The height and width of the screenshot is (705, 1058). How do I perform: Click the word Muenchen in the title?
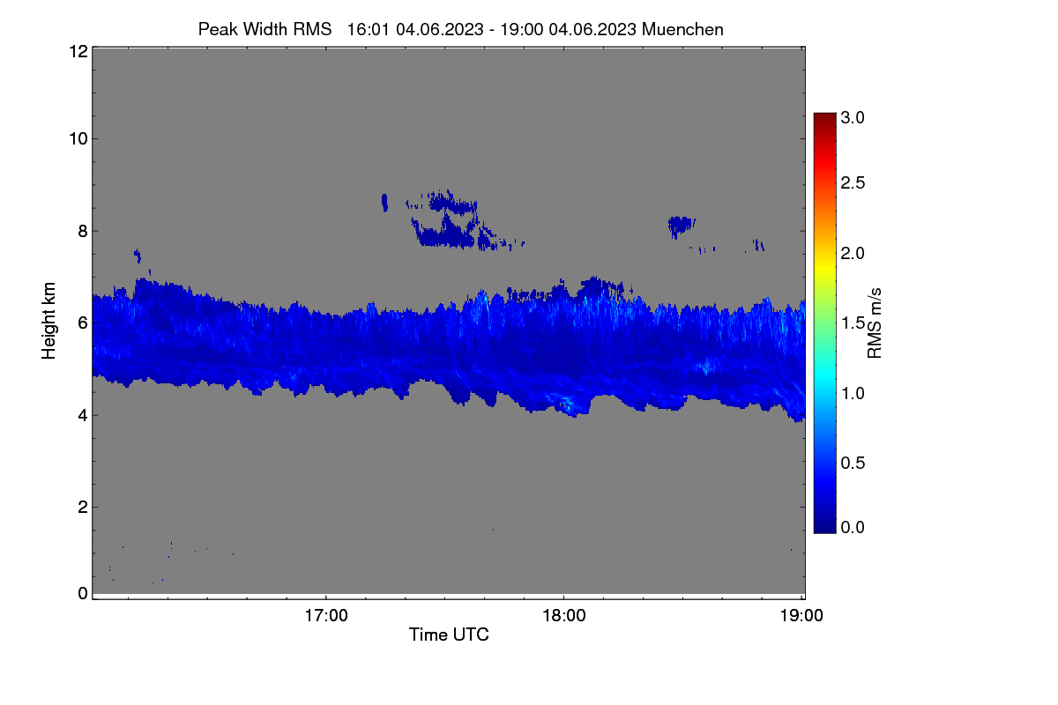[682, 29]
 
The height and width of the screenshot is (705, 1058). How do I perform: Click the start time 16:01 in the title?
[369, 29]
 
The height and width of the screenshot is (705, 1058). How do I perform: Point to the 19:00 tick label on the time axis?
[801, 616]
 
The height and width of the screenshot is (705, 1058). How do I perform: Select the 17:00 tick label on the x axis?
[326, 616]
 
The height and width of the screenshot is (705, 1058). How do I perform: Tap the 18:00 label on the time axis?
[564, 616]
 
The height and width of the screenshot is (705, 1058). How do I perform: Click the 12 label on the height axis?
[78, 51]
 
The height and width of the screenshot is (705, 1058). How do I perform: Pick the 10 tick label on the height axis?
[78, 139]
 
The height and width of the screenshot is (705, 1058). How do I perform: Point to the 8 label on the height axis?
[83, 231]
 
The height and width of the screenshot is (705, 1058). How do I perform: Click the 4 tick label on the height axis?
[83, 416]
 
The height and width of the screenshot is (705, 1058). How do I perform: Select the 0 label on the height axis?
[83, 594]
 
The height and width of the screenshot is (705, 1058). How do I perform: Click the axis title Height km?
[48, 321]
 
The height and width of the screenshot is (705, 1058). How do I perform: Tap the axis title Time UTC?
[449, 634]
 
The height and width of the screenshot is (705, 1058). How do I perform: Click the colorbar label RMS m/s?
[875, 323]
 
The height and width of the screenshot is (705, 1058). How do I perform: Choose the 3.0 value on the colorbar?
[853, 117]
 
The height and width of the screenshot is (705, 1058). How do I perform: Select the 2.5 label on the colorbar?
[853, 182]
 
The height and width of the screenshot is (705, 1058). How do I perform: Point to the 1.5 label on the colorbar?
[853, 323]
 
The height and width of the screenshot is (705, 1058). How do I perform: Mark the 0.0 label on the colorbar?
[853, 528]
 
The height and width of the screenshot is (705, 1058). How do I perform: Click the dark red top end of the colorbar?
[824, 115]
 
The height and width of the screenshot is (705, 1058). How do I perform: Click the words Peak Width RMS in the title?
[264, 29]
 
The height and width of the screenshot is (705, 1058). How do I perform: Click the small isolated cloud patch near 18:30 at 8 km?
[681, 226]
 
